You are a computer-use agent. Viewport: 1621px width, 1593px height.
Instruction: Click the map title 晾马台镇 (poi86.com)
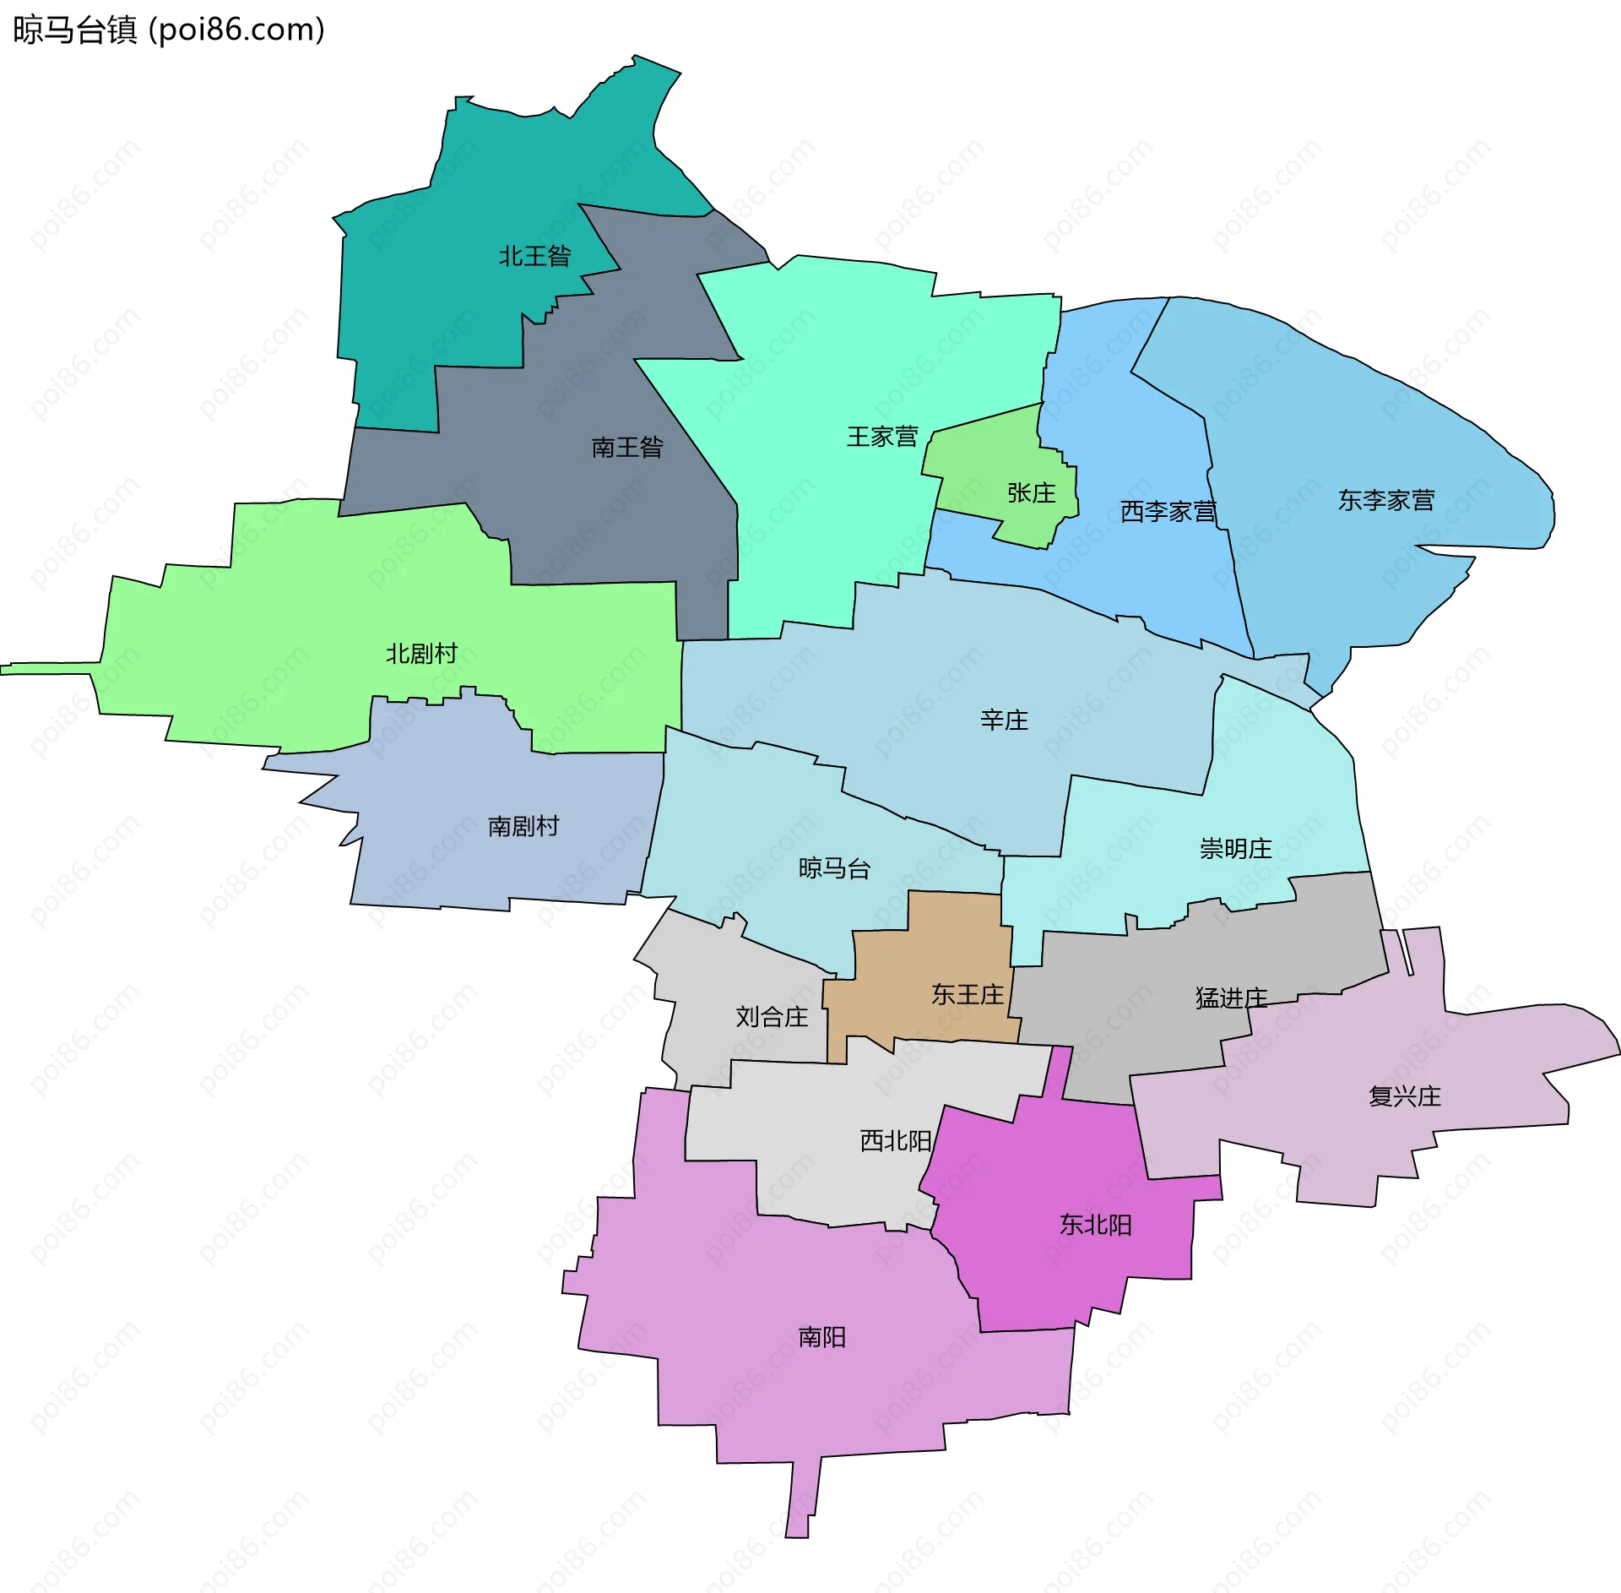tap(169, 30)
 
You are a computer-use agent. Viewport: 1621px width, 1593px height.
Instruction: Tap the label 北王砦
tap(535, 256)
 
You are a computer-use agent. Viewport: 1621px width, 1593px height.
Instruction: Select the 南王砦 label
tap(627, 447)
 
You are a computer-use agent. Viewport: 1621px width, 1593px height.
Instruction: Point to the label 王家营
tap(882, 437)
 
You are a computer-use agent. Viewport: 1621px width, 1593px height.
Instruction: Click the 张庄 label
tap(1032, 493)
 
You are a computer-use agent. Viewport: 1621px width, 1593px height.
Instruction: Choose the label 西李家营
tap(1168, 511)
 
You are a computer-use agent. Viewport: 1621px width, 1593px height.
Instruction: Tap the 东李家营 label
tap(1386, 501)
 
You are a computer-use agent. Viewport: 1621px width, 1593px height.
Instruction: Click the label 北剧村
tap(421, 654)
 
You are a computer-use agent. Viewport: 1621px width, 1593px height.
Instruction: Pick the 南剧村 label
tap(523, 826)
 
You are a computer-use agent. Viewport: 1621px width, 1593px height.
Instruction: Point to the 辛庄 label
tap(1004, 720)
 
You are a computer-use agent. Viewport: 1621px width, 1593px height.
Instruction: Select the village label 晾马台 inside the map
tap(834, 868)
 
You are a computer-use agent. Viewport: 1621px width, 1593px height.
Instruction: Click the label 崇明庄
tap(1235, 849)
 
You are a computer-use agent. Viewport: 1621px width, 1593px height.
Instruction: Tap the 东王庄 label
tap(968, 995)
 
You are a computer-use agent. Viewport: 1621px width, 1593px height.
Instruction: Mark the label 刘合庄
tap(772, 1017)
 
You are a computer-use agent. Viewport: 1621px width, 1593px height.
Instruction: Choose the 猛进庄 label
tap(1231, 998)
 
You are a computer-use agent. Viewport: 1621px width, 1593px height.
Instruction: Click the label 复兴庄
tap(1405, 1096)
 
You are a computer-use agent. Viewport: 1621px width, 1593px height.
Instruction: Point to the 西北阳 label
tap(895, 1141)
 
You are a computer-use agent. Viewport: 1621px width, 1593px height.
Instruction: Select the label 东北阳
tap(1096, 1225)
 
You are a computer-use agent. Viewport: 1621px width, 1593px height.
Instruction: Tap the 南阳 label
tap(821, 1337)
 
